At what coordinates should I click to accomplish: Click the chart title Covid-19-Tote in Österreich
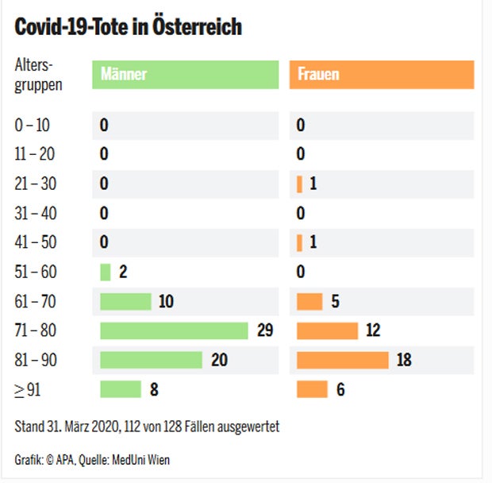(129, 27)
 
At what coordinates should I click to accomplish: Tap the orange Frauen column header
(382, 74)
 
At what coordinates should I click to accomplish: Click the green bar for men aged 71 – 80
(174, 330)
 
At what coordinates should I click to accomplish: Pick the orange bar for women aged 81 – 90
(343, 360)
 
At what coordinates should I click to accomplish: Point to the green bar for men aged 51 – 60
(105, 272)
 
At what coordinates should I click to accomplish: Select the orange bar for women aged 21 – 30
(300, 184)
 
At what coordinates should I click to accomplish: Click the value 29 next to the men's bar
(265, 330)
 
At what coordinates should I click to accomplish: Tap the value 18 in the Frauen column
(404, 360)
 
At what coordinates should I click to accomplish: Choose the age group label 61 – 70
(35, 301)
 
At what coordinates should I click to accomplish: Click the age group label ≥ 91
(29, 389)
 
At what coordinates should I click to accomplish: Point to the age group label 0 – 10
(32, 125)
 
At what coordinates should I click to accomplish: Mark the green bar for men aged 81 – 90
(151, 360)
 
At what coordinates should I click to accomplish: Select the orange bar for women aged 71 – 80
(327, 330)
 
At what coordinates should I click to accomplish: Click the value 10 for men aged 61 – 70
(166, 301)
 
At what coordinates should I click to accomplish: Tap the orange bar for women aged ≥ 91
(312, 389)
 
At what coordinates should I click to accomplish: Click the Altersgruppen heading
(38, 74)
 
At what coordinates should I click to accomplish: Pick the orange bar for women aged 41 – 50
(300, 242)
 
